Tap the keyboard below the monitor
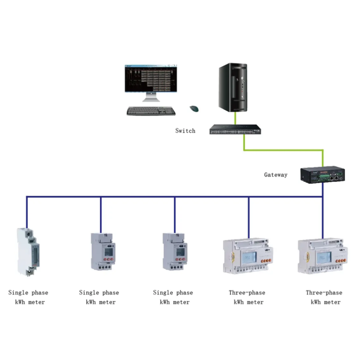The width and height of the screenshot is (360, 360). click(x=151, y=111)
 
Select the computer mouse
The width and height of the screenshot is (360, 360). click(x=194, y=108)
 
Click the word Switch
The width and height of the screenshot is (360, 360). click(x=185, y=131)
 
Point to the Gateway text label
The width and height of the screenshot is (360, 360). click(x=275, y=175)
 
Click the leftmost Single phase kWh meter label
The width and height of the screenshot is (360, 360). click(x=28, y=297)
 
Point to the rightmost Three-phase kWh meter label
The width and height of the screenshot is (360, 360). click(x=324, y=297)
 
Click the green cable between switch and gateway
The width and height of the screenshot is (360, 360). click(x=283, y=150)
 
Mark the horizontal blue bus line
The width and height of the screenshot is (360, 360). click(x=135, y=197)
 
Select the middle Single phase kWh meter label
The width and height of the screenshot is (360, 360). click(x=100, y=297)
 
